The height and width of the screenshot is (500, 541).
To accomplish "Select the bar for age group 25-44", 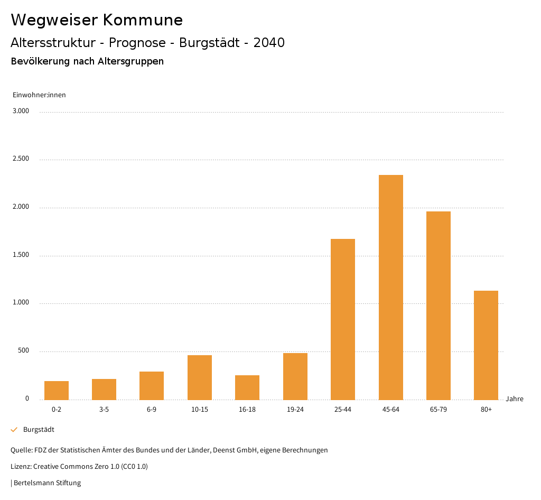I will point(343,319).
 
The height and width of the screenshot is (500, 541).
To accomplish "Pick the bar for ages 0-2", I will point(57,391).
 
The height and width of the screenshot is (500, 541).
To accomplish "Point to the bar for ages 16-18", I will point(247,387).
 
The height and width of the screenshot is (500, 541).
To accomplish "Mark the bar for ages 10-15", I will point(200,377).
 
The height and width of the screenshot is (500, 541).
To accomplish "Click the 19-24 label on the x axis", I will point(295,410).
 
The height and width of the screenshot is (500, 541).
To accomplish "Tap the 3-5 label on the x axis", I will point(104,410).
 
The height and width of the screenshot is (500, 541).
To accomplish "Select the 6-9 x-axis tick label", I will point(152,410).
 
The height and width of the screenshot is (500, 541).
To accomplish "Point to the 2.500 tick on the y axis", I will point(21,159).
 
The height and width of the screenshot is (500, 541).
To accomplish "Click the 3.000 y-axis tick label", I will point(21,111).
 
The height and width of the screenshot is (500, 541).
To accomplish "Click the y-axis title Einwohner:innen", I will point(39,95).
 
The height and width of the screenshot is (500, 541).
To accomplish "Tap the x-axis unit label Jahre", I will point(514,399).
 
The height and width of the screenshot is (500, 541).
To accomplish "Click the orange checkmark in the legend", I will point(14,430).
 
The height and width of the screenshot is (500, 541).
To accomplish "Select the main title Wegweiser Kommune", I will point(97,20).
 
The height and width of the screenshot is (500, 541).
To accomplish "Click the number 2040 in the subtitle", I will point(269,43).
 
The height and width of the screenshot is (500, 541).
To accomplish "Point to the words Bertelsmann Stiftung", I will point(47,483).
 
